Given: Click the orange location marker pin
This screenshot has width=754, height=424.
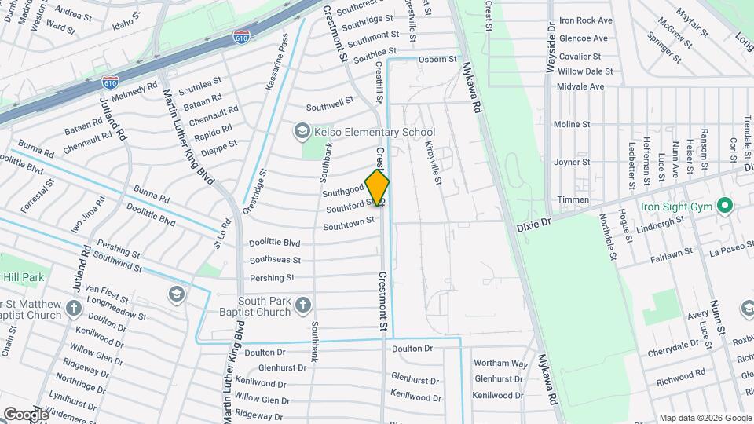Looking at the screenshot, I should click(377, 188).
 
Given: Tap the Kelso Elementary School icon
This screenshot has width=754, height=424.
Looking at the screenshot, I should click(302, 131).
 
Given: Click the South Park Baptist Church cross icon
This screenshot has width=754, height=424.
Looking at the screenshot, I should click(302, 304).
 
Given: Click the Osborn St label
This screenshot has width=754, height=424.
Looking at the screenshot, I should click(437, 59).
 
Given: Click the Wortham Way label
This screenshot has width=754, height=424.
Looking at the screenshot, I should click(500, 363).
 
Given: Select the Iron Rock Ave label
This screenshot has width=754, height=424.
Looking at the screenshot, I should click(586, 20).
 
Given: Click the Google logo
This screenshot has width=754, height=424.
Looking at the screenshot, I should click(26, 414).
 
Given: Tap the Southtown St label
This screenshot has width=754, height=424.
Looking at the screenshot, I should click(349, 225).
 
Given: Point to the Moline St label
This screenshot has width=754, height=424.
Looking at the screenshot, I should click(571, 124).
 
